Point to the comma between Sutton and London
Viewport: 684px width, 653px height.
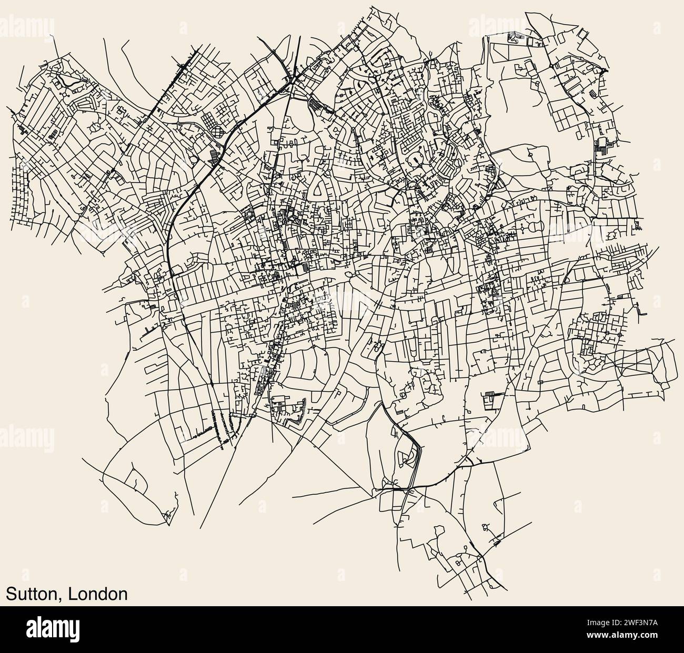(x=59, y=598)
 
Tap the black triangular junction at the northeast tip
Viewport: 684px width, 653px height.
(x=604, y=69)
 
